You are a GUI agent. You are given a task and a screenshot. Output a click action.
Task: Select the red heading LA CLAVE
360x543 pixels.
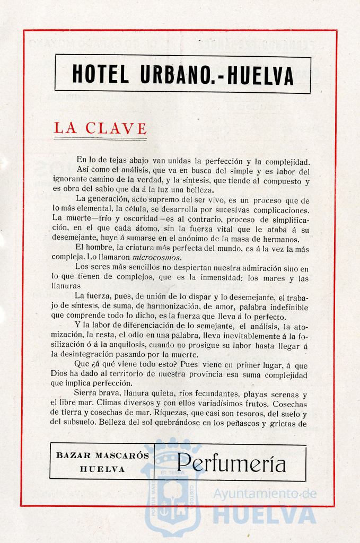click(100, 128)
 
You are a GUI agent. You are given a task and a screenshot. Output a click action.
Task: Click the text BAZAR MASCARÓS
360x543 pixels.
click(102, 456)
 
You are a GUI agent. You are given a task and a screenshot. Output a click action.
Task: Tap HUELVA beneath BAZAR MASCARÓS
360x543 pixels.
click(102, 469)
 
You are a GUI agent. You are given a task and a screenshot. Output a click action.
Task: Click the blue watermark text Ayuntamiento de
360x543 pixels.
click(265, 494)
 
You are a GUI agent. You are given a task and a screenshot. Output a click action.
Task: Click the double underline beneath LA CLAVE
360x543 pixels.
click(100, 139)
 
